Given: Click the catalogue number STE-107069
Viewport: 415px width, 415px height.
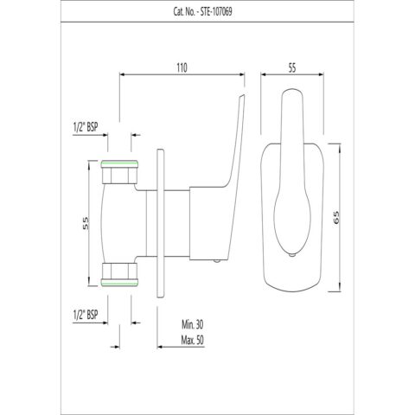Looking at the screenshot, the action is pos(216,12).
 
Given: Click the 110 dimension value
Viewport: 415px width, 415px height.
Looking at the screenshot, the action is pos(182,67).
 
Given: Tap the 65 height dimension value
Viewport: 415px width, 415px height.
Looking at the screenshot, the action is pos(336,218).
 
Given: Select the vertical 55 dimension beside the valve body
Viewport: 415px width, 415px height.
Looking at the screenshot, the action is pos(86,223).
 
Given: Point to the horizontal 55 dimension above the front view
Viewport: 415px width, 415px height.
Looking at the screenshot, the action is pos(292,68).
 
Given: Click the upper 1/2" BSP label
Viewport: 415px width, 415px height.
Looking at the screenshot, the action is pos(86,127).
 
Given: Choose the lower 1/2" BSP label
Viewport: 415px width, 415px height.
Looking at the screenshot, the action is pos(86,315).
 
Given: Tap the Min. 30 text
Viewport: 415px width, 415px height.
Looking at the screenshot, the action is pos(192,325).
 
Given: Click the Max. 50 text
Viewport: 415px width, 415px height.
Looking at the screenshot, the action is pos(192,341).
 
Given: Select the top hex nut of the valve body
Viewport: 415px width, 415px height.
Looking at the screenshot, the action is pos(119,172).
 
